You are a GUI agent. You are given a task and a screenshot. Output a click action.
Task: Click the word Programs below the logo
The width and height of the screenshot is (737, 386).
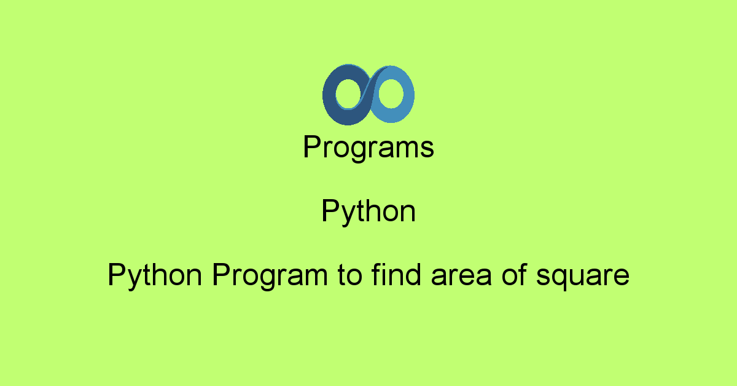368,148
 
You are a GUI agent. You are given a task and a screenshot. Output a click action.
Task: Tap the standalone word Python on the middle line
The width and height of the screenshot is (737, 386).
368,212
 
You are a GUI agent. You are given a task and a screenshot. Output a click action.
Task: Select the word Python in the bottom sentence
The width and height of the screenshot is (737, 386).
155,275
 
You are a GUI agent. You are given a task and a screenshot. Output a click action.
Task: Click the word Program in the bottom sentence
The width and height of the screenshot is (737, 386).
270,275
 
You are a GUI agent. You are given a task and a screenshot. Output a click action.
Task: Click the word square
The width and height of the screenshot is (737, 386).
583,275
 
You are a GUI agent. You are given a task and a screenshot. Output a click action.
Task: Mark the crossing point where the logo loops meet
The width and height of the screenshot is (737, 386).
368,93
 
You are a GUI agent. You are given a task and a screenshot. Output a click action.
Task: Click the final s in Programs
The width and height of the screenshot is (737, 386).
428,150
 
